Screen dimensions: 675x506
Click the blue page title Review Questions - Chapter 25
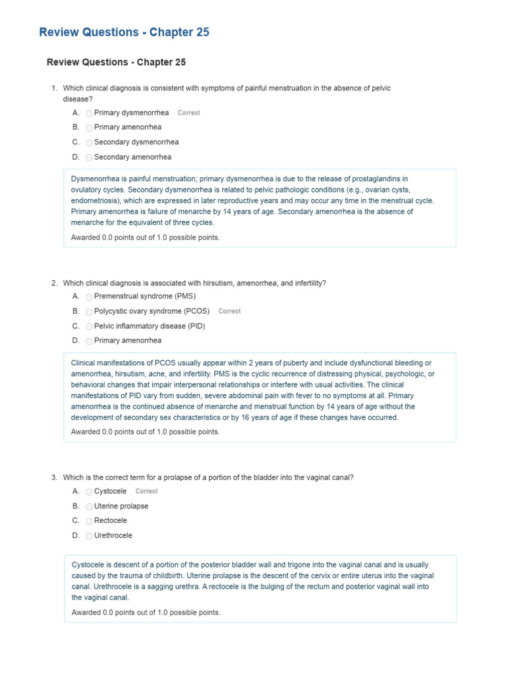[125, 32]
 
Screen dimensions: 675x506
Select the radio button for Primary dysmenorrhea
[90, 113]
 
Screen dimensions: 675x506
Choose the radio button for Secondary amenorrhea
[90, 158]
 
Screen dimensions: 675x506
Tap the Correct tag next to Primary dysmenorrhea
[188, 113]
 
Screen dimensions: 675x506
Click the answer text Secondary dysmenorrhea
[136, 142]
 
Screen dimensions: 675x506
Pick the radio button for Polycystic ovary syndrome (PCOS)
[90, 312]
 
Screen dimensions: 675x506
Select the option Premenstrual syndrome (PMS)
[145, 297]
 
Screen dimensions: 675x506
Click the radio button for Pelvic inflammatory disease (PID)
[90, 327]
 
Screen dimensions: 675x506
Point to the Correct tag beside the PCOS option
[229, 311]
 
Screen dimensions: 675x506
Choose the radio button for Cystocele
[90, 492]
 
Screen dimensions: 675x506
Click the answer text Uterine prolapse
[121, 506]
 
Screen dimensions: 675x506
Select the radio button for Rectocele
[90, 521]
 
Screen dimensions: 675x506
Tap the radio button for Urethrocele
[90, 536]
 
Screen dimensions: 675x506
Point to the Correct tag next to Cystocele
[146, 491]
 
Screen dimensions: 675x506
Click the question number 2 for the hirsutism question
[54, 283]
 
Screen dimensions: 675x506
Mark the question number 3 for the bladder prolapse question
[54, 477]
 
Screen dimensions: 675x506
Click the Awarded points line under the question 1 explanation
[145, 237]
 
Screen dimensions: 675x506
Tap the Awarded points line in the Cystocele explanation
[146, 612]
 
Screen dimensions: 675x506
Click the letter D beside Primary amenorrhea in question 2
[76, 341]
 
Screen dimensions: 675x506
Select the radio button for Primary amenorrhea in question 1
[90, 128]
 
